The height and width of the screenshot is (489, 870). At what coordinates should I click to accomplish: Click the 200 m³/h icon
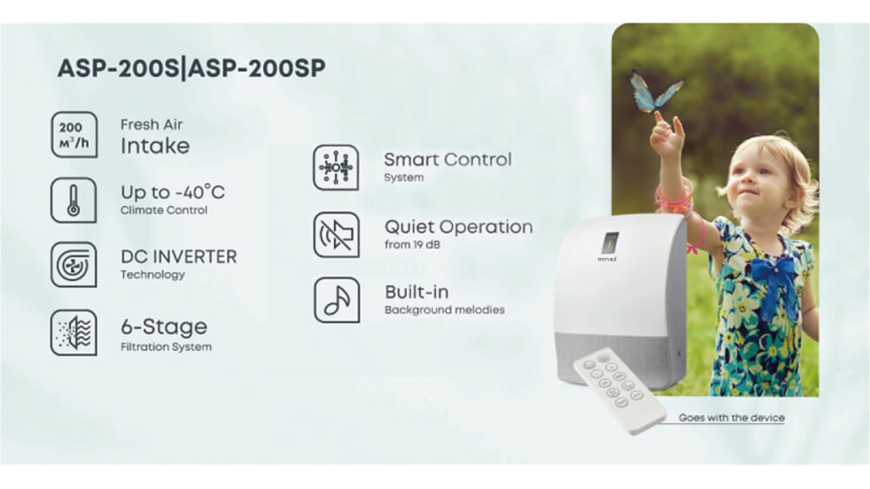click(x=74, y=135)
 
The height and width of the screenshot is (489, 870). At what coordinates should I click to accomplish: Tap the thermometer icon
click(x=74, y=200)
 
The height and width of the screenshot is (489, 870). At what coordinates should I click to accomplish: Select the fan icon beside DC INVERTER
click(x=74, y=264)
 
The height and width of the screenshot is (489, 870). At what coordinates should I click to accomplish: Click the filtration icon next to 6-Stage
click(x=74, y=333)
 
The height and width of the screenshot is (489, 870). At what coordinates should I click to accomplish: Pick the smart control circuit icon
click(x=335, y=168)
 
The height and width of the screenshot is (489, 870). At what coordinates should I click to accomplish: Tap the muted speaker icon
click(x=336, y=235)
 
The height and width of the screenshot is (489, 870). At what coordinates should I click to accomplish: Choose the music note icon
click(x=337, y=300)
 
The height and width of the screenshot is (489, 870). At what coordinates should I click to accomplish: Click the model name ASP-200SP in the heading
click(x=257, y=69)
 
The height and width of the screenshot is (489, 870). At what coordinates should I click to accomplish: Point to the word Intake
click(x=155, y=146)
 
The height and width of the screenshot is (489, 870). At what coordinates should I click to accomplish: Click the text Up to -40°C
click(x=173, y=192)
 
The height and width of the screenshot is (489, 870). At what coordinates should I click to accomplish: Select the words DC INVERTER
click(x=179, y=257)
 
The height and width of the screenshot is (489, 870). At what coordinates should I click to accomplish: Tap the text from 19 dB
click(x=412, y=245)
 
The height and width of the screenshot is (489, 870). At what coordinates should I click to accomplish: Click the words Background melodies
click(x=444, y=310)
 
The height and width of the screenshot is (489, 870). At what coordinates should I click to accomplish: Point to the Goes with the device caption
click(x=731, y=418)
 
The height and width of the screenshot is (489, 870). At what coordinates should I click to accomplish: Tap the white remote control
click(x=619, y=391)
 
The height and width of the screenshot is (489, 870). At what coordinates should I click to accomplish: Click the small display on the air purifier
click(x=610, y=243)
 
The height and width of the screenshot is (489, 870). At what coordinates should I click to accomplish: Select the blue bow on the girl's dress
click(x=774, y=275)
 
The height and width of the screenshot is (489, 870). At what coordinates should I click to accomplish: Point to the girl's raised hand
click(x=666, y=133)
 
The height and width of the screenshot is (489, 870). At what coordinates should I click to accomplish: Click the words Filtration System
click(x=166, y=347)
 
